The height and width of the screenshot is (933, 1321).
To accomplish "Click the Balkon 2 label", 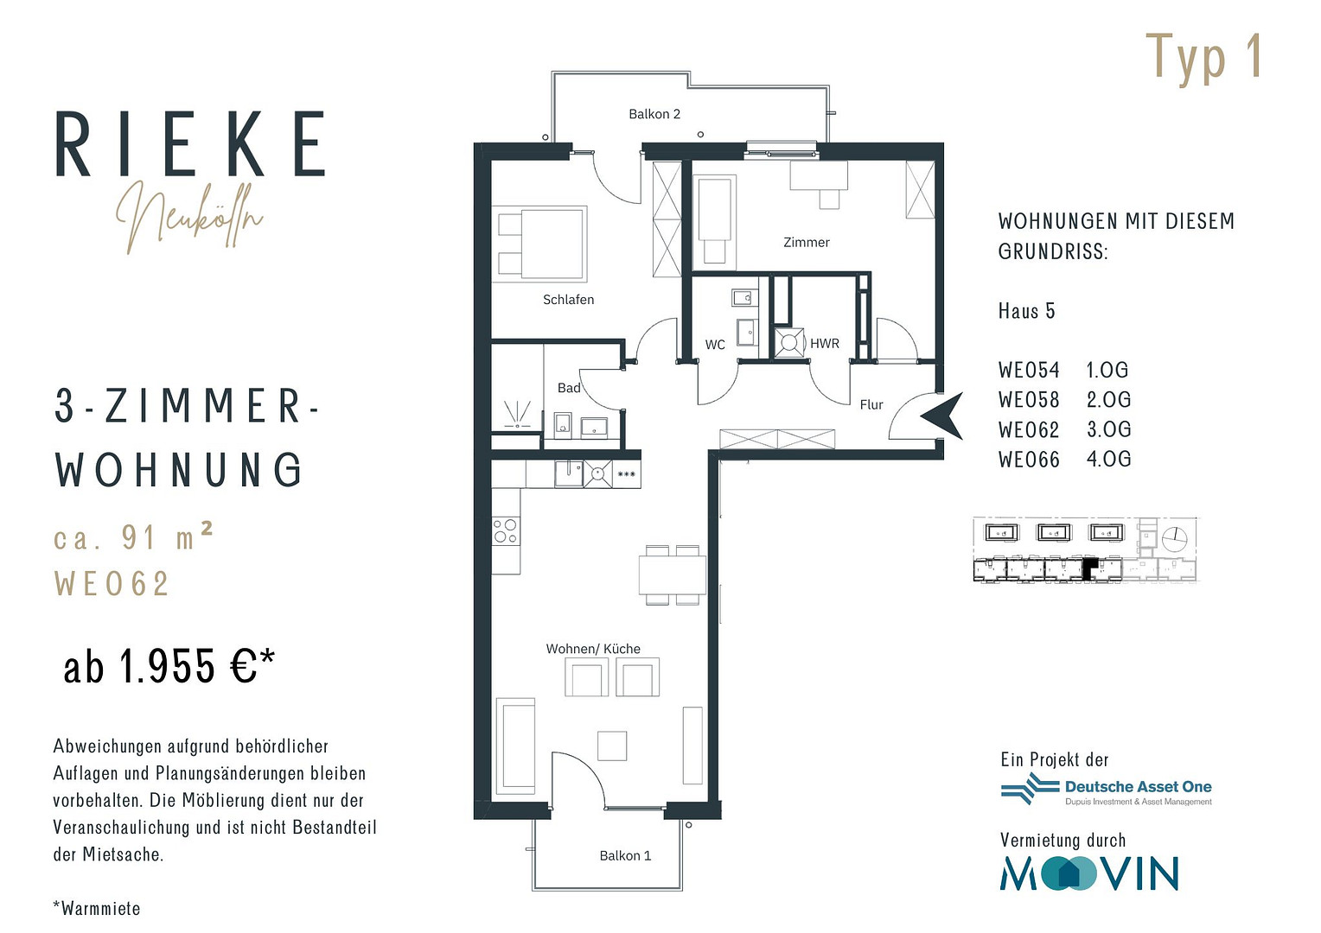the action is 654,114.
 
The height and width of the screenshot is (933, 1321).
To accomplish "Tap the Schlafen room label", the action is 568,300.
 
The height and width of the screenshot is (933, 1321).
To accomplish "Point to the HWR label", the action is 824,343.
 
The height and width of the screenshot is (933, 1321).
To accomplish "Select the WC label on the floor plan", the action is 715,344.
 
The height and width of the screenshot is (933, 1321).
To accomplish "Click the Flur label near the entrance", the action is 871,404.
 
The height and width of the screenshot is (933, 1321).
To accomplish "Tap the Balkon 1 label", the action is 625,856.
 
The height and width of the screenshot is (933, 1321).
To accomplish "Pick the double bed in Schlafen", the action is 539,244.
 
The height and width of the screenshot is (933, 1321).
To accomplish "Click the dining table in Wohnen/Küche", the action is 673,574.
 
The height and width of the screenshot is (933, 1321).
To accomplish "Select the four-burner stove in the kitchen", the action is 506,530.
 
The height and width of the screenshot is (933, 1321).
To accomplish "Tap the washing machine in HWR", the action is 789,342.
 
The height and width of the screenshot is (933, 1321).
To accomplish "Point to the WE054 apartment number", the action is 1029,370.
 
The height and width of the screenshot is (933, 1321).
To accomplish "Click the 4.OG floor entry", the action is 1108,459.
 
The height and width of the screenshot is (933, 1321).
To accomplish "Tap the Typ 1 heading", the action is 1203,59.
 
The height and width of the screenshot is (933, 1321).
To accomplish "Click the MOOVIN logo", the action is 1089,873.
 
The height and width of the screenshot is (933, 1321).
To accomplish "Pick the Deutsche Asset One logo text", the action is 1139,787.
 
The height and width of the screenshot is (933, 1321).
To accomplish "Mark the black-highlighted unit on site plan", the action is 1090,569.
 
